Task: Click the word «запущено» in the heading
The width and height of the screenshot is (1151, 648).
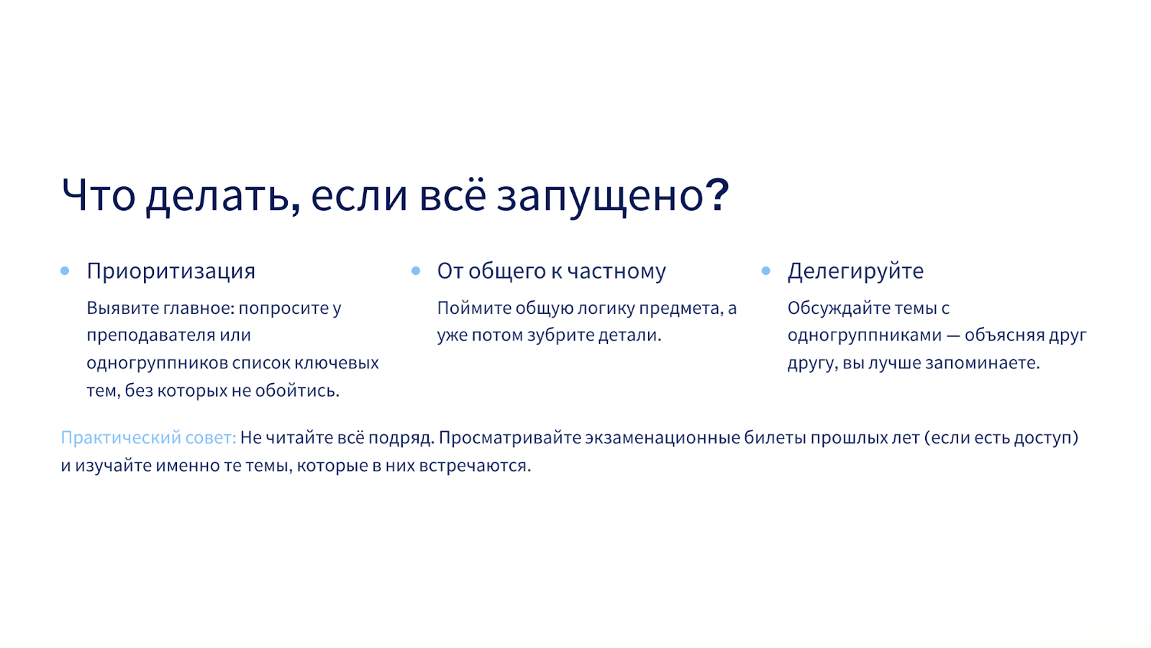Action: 599,198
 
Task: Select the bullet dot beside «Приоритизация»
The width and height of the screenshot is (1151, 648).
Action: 65,271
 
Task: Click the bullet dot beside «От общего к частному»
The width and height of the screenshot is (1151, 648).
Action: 416,271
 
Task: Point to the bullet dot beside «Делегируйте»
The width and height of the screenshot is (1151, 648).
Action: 765,271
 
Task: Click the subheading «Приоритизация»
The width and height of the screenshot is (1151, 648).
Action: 170,271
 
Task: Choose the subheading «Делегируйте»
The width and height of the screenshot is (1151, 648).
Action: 855,271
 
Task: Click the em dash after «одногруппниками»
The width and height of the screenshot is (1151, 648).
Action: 953,336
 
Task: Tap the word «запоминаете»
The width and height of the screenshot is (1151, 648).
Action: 983,363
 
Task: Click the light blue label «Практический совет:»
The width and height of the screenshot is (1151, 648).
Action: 148,438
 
